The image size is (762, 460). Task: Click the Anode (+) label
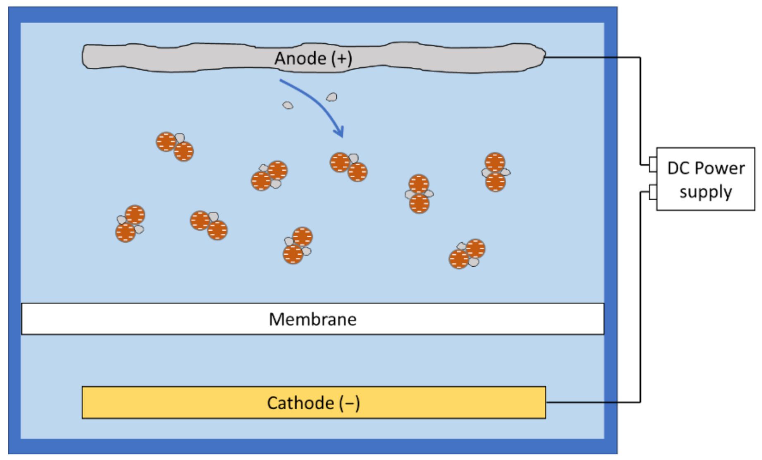pos(313,58)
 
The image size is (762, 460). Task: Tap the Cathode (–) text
pos(313,403)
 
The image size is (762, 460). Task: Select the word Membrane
pos(313,319)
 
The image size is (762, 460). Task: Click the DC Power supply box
pos(705,179)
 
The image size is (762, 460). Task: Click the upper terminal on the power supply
pos(653,164)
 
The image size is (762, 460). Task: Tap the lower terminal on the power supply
pos(653,192)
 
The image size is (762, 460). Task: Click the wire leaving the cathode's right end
pos(591,402)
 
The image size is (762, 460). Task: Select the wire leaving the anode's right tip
pos(591,57)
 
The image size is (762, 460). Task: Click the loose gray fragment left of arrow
pos(288,105)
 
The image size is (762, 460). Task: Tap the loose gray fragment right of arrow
pos(332,97)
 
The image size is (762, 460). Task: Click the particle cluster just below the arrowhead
pos(349,167)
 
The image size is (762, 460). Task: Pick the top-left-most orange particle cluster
pos(175,147)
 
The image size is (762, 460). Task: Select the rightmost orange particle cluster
pos(495,172)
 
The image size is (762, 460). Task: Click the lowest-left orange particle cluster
pos(130,223)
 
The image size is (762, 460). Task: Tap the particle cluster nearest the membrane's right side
pos(467,254)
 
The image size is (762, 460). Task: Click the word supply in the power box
pos(705,192)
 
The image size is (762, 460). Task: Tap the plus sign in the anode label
pos(342,58)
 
